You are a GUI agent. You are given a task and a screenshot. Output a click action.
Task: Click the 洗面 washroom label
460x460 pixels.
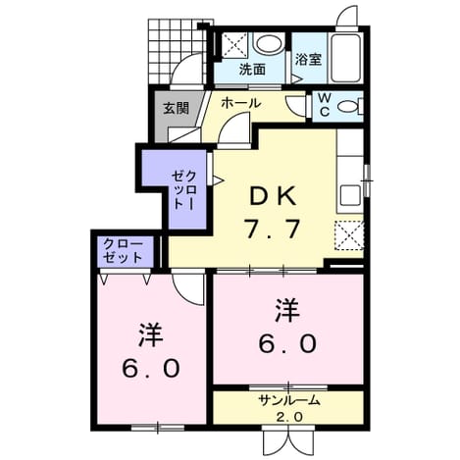[252, 70]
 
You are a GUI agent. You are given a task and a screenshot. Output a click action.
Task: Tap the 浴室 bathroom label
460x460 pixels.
[308, 59]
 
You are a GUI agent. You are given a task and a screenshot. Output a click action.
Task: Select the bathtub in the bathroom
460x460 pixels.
[346, 58]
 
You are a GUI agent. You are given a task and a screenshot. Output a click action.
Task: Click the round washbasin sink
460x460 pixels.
[268, 44]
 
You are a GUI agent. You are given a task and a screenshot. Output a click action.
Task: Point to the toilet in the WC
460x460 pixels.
[350, 107]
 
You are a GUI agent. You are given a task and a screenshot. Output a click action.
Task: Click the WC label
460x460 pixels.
[324, 105]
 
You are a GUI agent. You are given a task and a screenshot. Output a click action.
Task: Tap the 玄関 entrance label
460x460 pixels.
[177, 108]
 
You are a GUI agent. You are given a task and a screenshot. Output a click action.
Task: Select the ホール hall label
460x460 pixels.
[241, 103]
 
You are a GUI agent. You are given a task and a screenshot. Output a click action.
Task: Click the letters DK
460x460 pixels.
[273, 197]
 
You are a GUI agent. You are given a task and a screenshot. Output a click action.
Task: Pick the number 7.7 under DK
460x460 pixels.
[273, 229]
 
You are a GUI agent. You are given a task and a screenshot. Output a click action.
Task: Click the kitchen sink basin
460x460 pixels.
[350, 195]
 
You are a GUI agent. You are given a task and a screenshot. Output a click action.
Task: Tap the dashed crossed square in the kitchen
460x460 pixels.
[349, 235]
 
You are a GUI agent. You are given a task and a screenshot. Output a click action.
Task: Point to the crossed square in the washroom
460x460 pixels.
[234, 45]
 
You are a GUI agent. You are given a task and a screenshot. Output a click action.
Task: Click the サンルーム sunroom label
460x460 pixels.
[288, 400]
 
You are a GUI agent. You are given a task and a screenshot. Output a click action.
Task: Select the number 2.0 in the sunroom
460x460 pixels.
[289, 417]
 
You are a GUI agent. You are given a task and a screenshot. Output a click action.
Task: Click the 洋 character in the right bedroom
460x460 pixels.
[287, 311]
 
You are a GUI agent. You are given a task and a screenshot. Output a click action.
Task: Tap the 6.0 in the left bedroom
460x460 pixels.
[151, 368]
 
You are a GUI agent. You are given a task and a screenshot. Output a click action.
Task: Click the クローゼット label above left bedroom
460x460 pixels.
[123, 251]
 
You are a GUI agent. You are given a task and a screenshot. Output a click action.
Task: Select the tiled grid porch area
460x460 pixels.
[177, 51]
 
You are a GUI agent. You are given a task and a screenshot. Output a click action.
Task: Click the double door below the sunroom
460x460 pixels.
[288, 438]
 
